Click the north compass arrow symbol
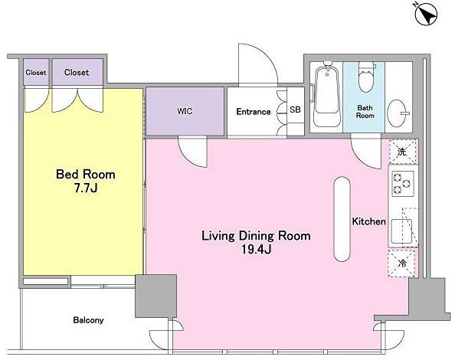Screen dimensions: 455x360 [427, 15]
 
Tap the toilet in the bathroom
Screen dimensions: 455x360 [365, 77]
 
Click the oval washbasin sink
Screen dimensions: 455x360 [398, 113]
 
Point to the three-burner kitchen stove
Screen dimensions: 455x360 [403, 183]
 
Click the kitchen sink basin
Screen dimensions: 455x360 [401, 231]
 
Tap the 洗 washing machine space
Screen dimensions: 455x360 [402, 152]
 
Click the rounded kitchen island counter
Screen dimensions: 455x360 [342, 219]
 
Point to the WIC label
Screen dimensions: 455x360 [185, 111]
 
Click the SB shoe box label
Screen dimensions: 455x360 [295, 110]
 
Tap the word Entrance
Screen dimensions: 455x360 [254, 112]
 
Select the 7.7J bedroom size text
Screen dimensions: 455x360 [86, 188]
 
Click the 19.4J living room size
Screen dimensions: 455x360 [257, 250]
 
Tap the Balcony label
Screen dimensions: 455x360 [88, 320]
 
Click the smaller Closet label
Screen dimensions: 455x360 [36, 73]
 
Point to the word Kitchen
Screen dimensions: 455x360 [368, 221]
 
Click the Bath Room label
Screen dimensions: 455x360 [365, 112]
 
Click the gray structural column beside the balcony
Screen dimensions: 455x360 [155, 296]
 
